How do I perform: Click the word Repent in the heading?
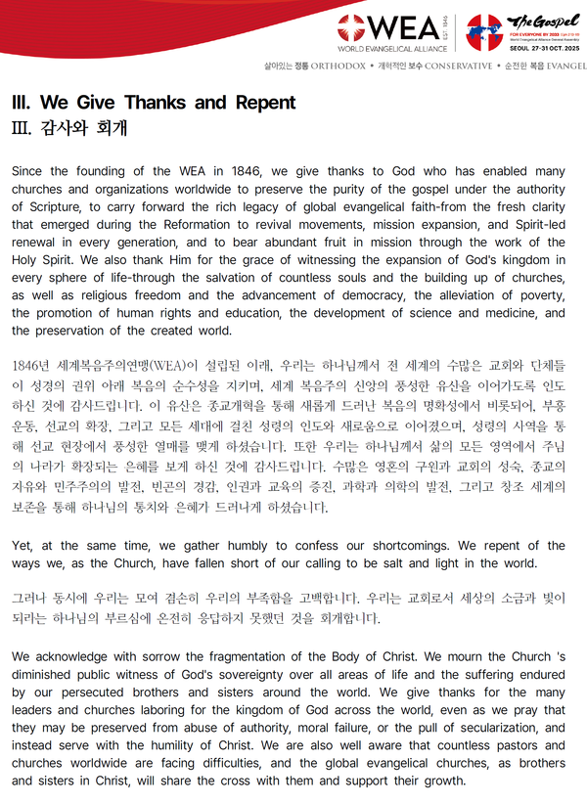(260, 103)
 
